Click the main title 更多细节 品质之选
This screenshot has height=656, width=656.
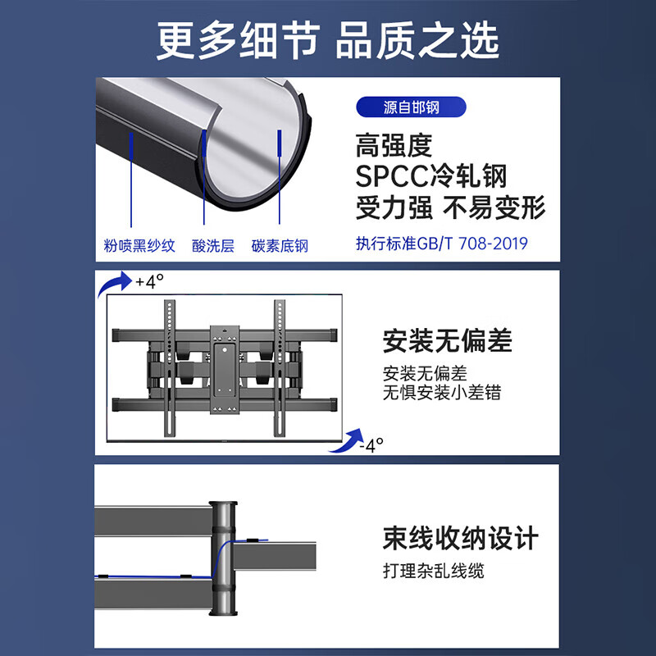[328, 40]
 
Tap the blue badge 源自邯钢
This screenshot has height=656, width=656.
[411, 107]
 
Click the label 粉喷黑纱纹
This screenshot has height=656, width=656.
[139, 245]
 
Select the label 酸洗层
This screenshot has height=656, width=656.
[212, 245]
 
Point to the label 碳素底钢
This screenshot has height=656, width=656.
[280, 245]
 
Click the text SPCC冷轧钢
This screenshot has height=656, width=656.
[431, 176]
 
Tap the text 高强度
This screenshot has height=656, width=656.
[394, 146]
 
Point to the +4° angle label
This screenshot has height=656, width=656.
[150, 281]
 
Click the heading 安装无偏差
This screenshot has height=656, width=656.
[447, 340]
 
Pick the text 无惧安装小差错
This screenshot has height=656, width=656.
[441, 393]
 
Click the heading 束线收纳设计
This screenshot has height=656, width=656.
[460, 539]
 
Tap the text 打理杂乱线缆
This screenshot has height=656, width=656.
[433, 570]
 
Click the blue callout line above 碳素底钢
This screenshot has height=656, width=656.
[280, 176]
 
